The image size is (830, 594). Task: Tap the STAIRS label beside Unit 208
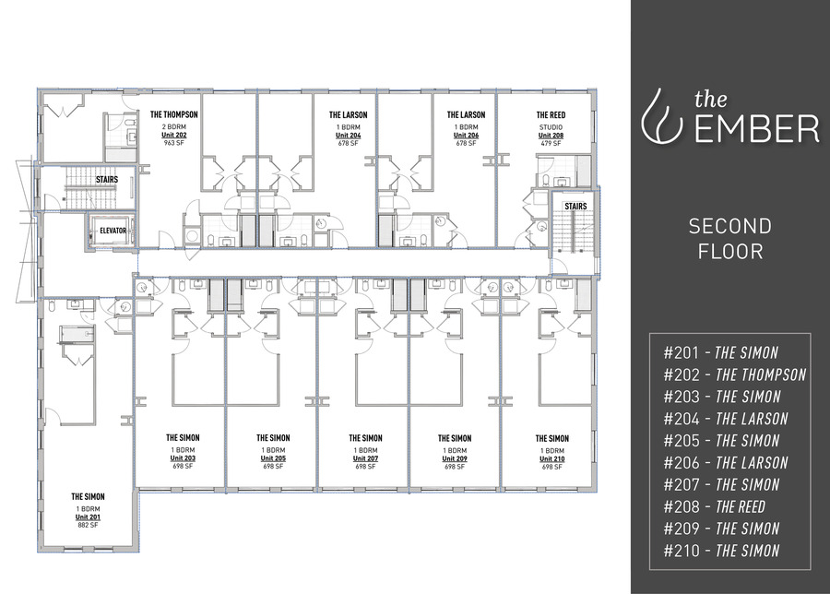pyautogui.click(x=575, y=207)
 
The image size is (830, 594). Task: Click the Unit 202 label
pyautogui.click(x=174, y=135)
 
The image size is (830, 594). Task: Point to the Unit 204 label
pyautogui.click(x=349, y=135)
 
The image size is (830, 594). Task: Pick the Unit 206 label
pyautogui.click(x=466, y=135)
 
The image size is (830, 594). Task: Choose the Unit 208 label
pyautogui.click(x=551, y=135)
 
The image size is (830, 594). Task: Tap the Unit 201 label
pyautogui.click(x=89, y=517)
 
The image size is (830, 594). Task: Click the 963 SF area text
pyautogui.click(x=174, y=144)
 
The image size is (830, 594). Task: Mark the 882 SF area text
pyautogui.click(x=89, y=526)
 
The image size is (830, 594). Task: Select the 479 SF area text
pyautogui.click(x=551, y=144)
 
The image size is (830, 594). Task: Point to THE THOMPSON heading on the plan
pyautogui.click(x=174, y=115)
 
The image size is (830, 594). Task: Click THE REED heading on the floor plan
pyautogui.click(x=551, y=115)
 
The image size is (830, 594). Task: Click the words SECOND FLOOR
pyautogui.click(x=729, y=238)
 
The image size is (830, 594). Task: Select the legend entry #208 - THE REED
pyautogui.click(x=714, y=506)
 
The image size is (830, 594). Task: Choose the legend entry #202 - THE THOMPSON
pyautogui.click(x=734, y=374)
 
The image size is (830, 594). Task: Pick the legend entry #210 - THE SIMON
pyautogui.click(x=721, y=551)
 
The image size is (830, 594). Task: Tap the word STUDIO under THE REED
pyautogui.click(x=551, y=126)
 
